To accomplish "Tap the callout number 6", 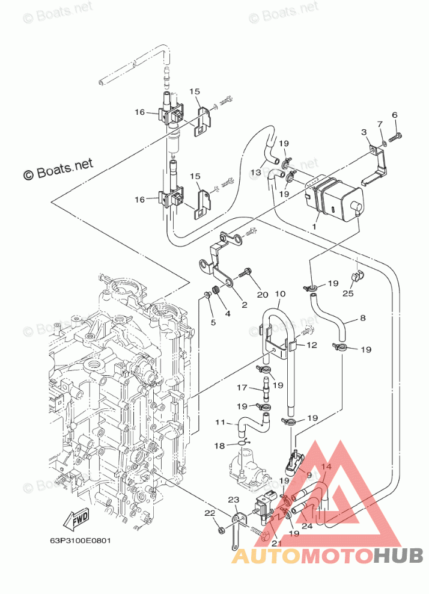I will coord(395,114).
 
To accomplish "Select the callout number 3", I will coord(364,132).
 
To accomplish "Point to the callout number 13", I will coord(257,173).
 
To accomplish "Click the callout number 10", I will coord(279,294).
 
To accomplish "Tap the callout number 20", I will coord(262,294).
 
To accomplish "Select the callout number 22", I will coord(209,513).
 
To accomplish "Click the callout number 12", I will coord(311,345).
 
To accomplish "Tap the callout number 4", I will coord(228,313).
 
